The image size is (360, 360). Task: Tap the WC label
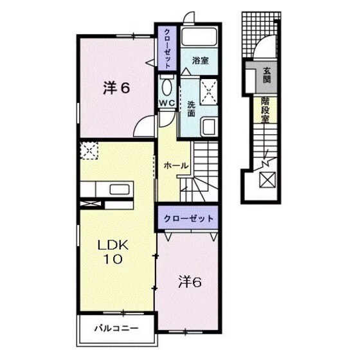coord(166,104)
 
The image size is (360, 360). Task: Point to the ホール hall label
coord(176,165)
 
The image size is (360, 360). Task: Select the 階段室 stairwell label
coord(265,110)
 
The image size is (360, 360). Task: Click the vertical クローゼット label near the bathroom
coord(167,48)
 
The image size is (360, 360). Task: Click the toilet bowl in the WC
coord(166,85)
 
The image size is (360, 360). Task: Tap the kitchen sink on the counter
coord(120,189)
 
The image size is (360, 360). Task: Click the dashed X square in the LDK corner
coord(89,152)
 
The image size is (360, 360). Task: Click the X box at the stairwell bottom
coord(266,179)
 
